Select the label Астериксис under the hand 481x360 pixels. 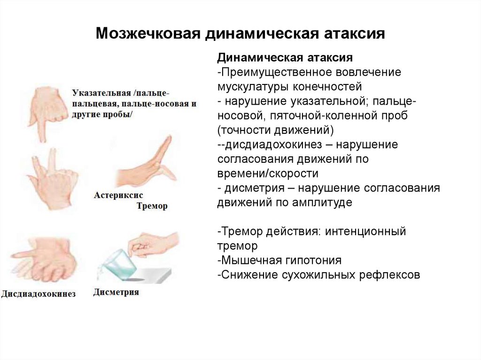click(118, 194)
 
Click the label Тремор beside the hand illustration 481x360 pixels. click(152, 206)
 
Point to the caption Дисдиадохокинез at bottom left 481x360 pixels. click(39, 294)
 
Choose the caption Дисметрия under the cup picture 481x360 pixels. click(116, 292)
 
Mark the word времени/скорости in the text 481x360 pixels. click(267, 173)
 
